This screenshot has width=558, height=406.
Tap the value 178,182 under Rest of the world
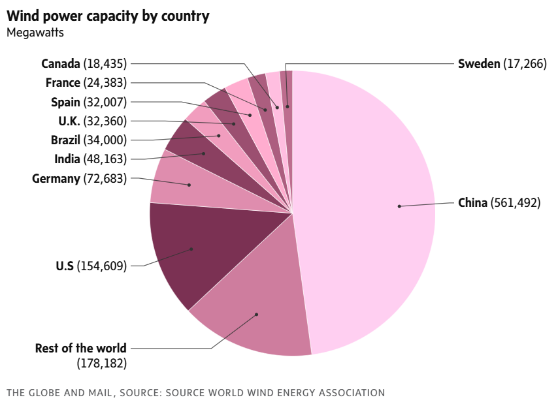(x=102, y=363)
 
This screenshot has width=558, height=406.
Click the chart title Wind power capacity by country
(x=108, y=16)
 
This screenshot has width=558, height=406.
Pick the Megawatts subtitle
(x=35, y=33)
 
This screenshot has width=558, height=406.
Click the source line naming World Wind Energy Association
(x=195, y=392)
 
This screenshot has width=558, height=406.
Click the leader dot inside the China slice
(x=399, y=206)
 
